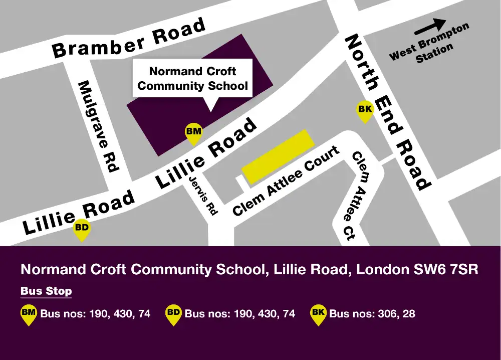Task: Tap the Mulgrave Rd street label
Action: pos(98,127)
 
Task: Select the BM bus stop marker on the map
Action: pos(193,133)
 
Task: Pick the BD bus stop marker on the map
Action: pos(82,230)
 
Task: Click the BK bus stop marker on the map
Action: pos(365,111)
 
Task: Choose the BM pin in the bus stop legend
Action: pos(29,314)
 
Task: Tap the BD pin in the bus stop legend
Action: pos(173,314)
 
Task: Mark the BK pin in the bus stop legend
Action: pos(318,314)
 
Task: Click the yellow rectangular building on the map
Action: pos(278,156)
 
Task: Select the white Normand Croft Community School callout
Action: pos(193,79)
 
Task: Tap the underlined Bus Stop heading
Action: pos(46,291)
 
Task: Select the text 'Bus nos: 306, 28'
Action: pos(372,314)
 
